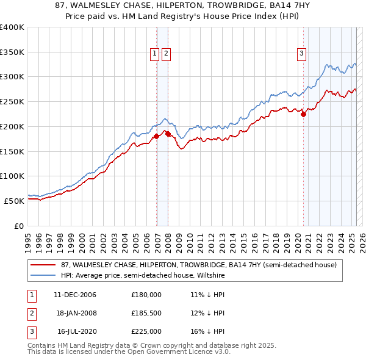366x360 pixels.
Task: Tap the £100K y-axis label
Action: click(x=12, y=176)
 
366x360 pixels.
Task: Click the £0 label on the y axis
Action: click(x=19, y=225)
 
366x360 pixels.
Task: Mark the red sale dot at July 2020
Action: click(x=303, y=114)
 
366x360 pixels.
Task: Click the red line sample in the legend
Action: click(x=42, y=265)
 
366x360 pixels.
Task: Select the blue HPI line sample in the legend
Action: click(x=42, y=276)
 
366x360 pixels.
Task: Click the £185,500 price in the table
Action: click(x=146, y=312)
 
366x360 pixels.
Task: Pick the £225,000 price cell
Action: click(x=146, y=331)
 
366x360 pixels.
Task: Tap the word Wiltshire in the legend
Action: click(x=209, y=276)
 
